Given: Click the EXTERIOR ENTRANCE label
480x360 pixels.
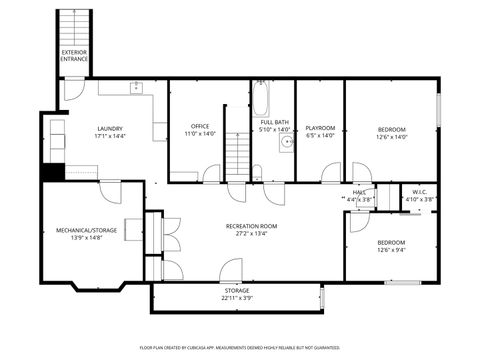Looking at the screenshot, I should (74, 55).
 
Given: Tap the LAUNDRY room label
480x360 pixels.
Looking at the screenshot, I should (110, 128).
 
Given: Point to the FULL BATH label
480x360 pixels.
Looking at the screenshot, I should (275, 122).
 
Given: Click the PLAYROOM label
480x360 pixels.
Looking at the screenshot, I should (319, 128).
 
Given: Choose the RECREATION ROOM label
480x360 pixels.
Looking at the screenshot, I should (251, 227).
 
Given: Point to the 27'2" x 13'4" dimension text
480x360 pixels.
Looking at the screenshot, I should (251, 235).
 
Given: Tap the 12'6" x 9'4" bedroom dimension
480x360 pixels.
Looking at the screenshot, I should (391, 250).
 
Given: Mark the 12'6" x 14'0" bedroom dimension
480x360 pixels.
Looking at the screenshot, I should (391, 136).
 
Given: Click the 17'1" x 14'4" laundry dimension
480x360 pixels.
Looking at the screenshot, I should (110, 136).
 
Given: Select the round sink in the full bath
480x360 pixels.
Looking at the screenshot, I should (286, 143).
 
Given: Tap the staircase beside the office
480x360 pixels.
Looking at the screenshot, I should (235, 155).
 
